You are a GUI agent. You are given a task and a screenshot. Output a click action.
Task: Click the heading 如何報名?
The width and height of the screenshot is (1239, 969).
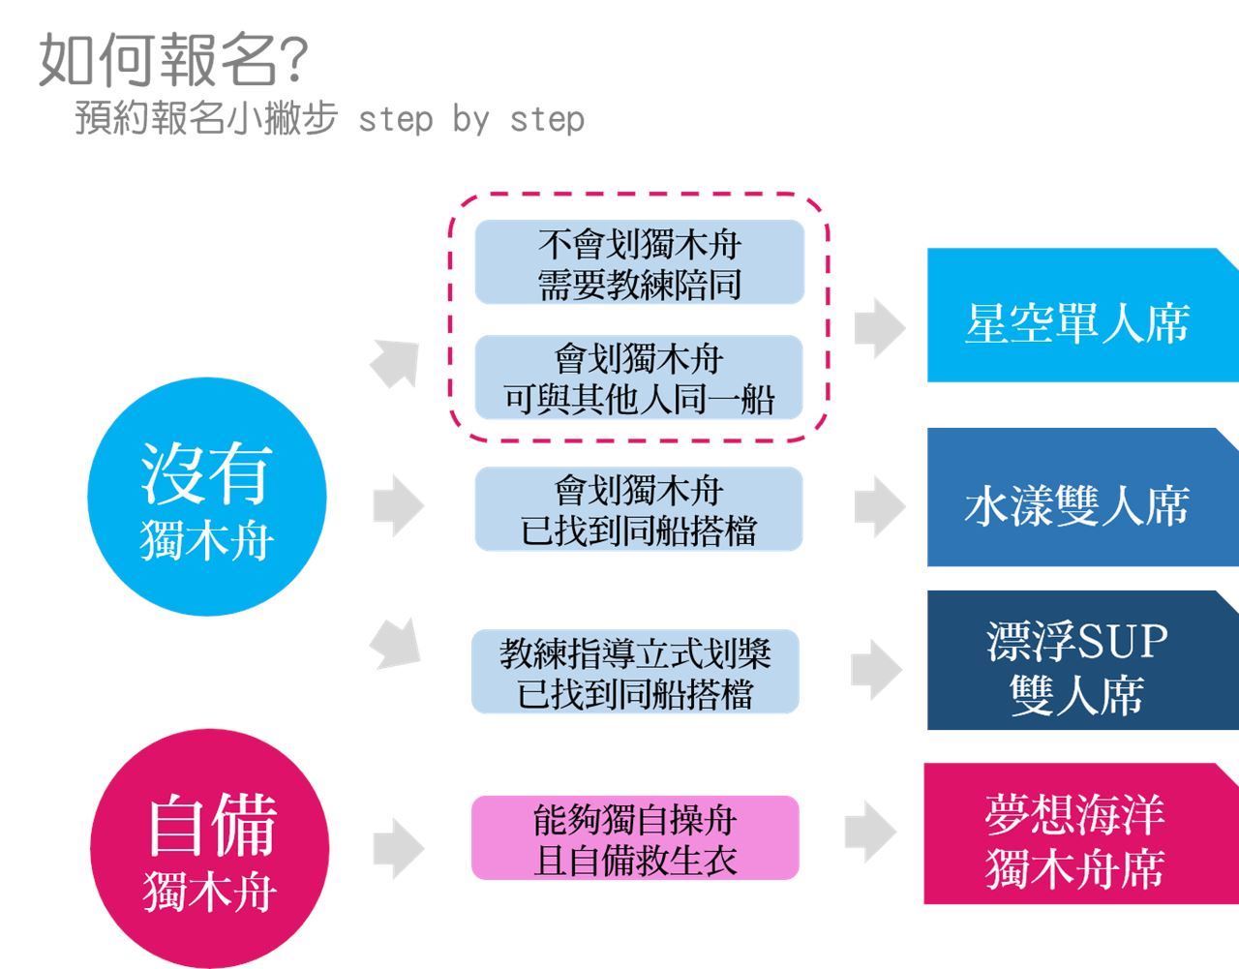coord(172,60)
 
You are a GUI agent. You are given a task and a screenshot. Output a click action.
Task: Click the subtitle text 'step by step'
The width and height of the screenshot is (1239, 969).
coord(470,119)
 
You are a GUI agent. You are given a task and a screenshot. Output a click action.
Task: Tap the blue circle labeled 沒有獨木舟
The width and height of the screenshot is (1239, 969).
coord(206,497)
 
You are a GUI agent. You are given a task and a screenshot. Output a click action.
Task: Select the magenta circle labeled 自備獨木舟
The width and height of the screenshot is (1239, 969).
coord(210,848)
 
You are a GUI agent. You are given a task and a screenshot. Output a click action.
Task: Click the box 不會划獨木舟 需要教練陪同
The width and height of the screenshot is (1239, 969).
coord(639,262)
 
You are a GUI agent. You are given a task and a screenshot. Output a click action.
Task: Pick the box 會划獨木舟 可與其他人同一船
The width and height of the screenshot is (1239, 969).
coord(639,378)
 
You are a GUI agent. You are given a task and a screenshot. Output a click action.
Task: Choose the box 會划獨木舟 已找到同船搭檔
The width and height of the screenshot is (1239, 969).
coord(639,509)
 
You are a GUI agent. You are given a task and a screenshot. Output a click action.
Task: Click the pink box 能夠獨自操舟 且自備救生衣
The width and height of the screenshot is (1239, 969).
coord(635,838)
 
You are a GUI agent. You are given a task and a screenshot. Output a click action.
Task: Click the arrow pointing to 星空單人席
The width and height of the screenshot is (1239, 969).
coord(879,326)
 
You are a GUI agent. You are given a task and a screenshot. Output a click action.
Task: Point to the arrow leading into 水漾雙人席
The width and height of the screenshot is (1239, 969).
coord(879,505)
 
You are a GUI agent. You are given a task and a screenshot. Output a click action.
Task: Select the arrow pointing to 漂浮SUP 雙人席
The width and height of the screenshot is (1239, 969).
coord(877,668)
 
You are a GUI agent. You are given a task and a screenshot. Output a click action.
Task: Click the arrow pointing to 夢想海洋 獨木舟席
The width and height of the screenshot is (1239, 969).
coord(870,831)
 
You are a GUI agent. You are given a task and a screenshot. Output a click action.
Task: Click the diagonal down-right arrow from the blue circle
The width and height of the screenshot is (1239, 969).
coord(397,643)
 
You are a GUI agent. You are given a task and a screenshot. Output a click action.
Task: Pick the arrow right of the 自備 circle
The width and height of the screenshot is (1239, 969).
coord(398,849)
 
